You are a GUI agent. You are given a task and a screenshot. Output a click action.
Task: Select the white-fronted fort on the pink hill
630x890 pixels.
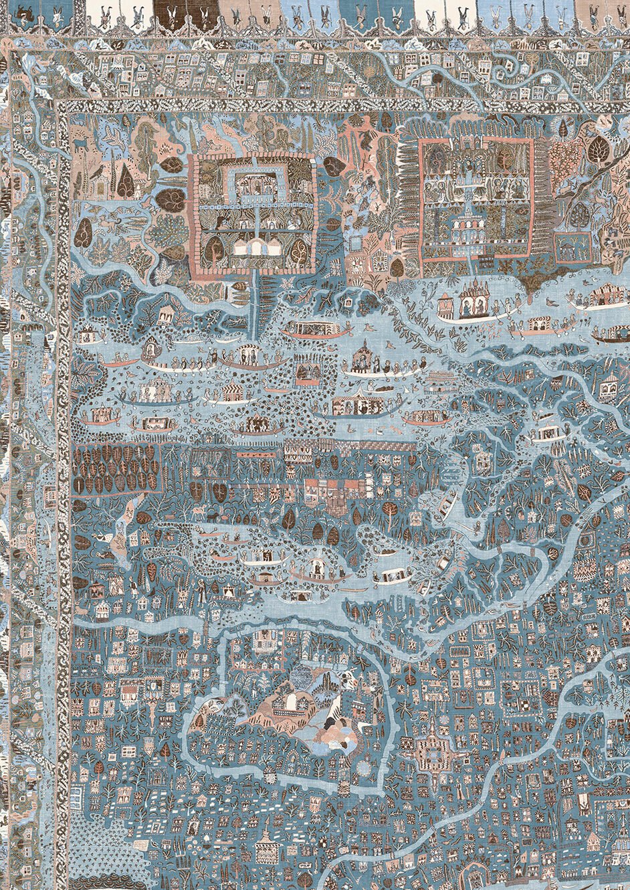coord(292,702)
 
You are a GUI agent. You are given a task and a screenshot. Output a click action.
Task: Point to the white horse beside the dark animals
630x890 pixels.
coord(198,514)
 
